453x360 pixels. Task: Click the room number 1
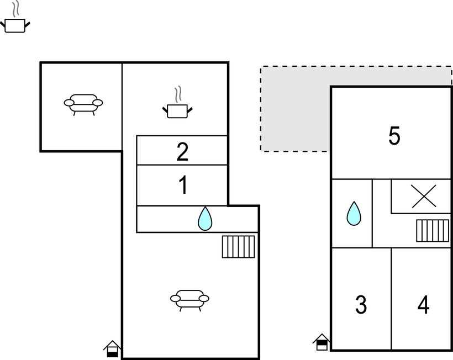click(183, 185)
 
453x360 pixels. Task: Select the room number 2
click(182, 152)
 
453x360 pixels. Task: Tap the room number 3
click(361, 305)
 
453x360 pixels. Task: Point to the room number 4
click(424, 305)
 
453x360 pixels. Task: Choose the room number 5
click(394, 136)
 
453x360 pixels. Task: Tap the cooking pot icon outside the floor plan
click(15, 17)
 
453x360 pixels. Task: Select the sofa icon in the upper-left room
click(83, 104)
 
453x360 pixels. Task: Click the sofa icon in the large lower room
click(189, 300)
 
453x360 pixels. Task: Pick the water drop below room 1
click(205, 219)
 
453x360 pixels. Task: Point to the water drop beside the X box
click(354, 214)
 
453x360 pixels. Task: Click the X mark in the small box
click(424, 197)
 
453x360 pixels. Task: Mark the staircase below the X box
click(433, 231)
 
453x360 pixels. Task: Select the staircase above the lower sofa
click(238, 247)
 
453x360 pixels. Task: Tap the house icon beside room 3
click(322, 342)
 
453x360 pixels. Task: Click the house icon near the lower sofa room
click(112, 349)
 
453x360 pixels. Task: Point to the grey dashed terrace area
click(294, 108)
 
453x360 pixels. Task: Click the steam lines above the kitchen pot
click(178, 94)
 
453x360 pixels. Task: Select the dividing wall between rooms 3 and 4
click(392, 299)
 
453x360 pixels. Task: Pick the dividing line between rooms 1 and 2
click(182, 165)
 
